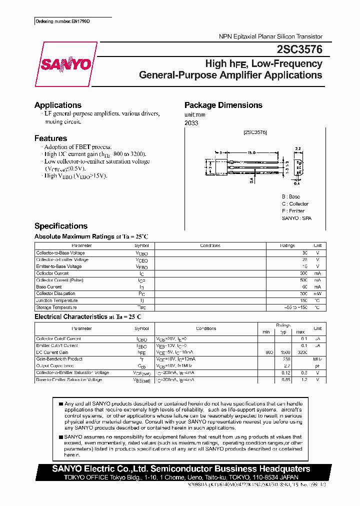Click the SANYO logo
click(65, 64)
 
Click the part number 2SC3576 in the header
click(299, 50)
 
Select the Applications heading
click(57, 105)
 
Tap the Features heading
click(50, 138)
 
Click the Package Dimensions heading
click(223, 105)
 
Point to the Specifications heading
click(60, 226)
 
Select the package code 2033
click(191, 123)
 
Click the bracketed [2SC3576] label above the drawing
click(255, 132)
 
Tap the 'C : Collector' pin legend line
click(295, 204)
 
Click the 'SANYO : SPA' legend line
click(296, 218)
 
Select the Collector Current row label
click(52, 273)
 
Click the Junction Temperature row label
click(56, 300)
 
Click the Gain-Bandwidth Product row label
click(59, 359)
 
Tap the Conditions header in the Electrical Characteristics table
click(206, 328)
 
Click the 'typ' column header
click(283, 332)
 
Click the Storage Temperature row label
click(56, 307)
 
